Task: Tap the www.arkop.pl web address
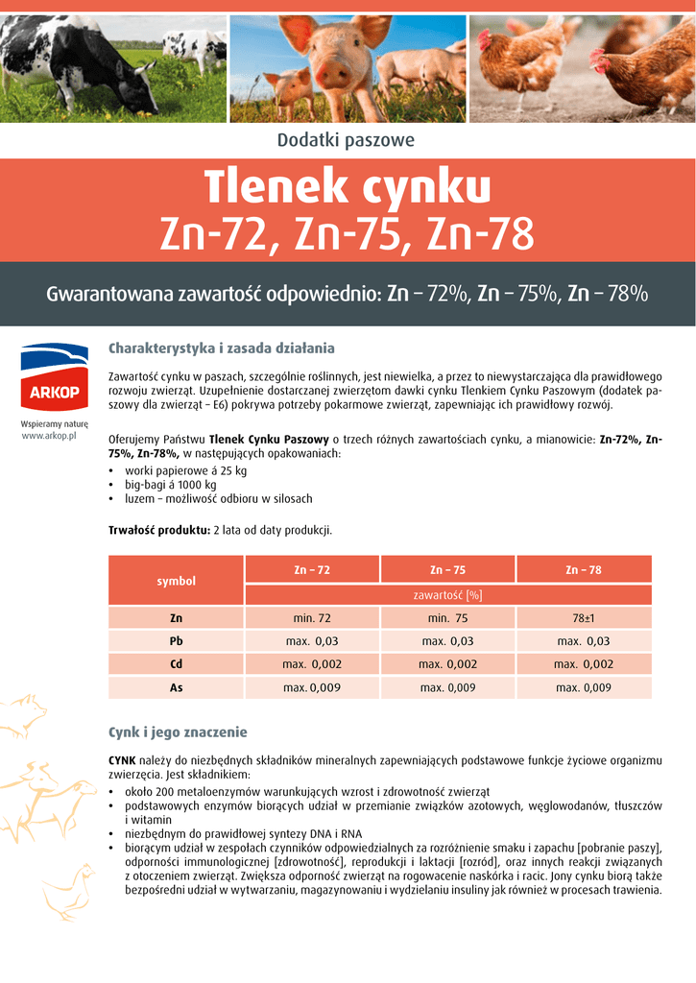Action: click(x=49, y=436)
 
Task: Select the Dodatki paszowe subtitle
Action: click(x=346, y=140)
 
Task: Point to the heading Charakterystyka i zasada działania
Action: click(x=222, y=348)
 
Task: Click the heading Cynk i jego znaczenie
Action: click(x=178, y=732)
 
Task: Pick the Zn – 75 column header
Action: click(x=447, y=569)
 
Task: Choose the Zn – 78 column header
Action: click(x=584, y=569)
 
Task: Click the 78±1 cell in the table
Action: click(x=584, y=618)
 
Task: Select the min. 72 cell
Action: click(x=312, y=618)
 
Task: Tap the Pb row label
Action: click(x=176, y=641)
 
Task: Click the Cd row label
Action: click(x=176, y=664)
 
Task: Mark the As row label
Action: click(x=176, y=687)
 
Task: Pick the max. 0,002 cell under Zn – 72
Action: click(x=312, y=664)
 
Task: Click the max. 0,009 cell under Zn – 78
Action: click(x=584, y=687)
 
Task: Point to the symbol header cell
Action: click(x=176, y=581)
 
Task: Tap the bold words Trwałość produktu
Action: click(x=159, y=530)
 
